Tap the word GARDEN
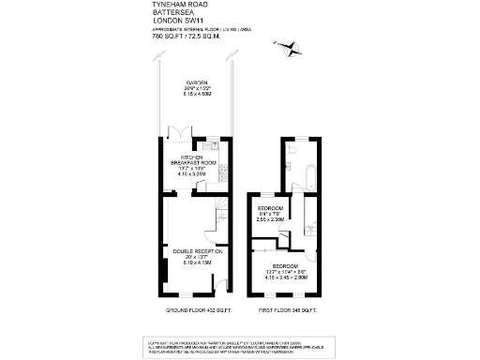click(x=196, y=82)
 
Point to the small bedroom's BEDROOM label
click(x=270, y=206)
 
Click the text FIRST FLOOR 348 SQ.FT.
click(x=288, y=309)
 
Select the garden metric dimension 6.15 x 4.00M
click(x=196, y=95)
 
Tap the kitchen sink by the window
click(x=215, y=145)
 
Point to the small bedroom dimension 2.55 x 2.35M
click(x=270, y=219)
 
